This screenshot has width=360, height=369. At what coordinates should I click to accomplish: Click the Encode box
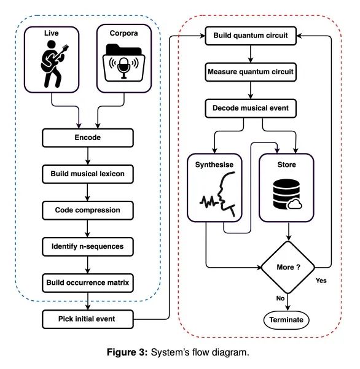coord(88,138)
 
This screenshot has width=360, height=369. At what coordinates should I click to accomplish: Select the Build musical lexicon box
coord(88,174)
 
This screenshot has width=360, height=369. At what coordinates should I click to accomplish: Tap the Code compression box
coord(88,211)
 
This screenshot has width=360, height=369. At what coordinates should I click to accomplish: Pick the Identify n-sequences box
coord(88,247)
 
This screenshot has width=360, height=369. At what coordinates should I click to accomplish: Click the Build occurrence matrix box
coord(88,283)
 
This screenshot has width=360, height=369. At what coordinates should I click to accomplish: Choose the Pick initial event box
coord(88,319)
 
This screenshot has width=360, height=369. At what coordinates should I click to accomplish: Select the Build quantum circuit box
coord(251,36)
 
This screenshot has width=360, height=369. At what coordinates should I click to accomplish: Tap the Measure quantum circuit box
coord(251,72)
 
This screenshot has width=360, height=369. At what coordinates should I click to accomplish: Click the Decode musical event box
coord(251,108)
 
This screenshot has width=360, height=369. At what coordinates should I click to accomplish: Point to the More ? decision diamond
coord(288,268)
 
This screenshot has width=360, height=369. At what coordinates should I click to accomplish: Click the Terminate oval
coord(286,320)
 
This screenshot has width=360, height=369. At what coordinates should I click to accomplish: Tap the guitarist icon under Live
coord(54,64)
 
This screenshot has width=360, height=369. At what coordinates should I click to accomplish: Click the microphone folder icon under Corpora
coord(124,63)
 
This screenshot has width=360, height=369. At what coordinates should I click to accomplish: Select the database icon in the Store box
coord(288,194)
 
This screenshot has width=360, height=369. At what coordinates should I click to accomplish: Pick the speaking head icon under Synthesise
coord(217,194)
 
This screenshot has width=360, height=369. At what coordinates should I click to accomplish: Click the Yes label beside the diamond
coord(321,281)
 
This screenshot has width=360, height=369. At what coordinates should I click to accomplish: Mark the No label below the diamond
coord(280,298)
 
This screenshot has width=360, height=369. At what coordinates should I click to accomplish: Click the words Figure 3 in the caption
coord(127,352)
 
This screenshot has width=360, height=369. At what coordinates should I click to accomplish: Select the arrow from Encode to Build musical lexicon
coord(88,156)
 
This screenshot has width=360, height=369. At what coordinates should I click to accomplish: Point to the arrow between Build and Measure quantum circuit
coord(251,54)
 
